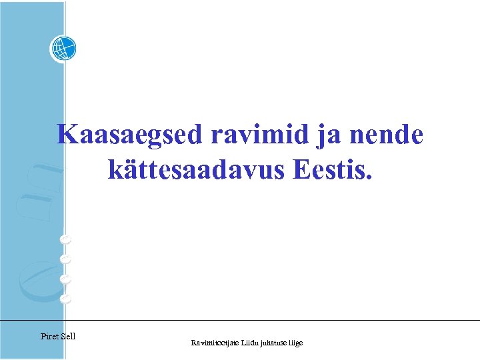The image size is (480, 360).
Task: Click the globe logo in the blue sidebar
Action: point(63,48)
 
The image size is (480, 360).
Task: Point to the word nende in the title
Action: point(386,135)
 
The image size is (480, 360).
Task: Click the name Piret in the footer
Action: point(49,336)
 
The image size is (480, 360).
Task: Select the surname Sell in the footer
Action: point(68,336)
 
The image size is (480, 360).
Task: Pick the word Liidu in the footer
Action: point(255,343)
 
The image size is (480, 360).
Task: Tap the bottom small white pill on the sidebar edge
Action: point(65,299)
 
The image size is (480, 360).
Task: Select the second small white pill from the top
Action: point(65,258)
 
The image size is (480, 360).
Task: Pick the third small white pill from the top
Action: point(65,279)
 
